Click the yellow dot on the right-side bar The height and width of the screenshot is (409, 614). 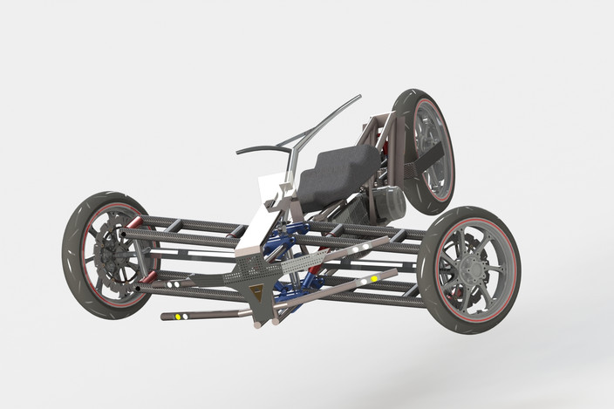[374, 279]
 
